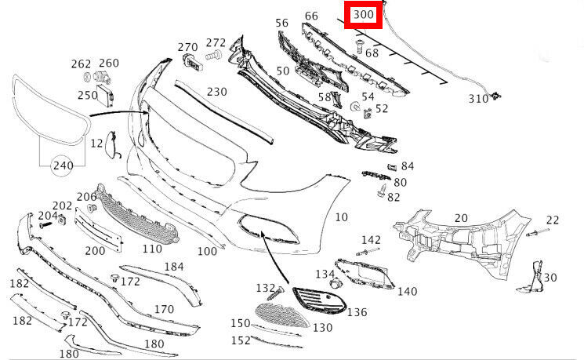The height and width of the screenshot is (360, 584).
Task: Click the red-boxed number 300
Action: tap(364, 15)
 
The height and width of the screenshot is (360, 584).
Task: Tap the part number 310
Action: tap(478, 99)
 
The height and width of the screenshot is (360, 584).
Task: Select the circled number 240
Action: tap(63, 165)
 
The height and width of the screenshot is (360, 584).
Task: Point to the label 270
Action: tap(187, 47)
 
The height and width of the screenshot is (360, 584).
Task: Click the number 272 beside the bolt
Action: tap(216, 42)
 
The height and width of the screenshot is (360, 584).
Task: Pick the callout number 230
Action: tap(217, 91)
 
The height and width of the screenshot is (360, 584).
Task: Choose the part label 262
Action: tap(82, 64)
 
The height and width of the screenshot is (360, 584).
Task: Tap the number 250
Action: tap(87, 95)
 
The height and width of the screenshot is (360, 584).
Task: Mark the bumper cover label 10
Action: tap(341, 216)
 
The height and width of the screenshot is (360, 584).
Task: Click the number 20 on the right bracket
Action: tap(460, 217)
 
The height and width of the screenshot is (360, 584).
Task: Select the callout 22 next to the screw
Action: tap(552, 220)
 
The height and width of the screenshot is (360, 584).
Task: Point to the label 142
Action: tap(371, 239)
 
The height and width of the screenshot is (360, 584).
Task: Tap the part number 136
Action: tap(357, 312)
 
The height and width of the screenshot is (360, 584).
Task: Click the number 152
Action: tap(240, 340)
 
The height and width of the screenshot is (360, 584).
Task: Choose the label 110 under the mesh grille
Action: tap(152, 249)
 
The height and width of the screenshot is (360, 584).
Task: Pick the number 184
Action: tap(173, 267)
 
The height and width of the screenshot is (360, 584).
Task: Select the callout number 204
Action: tap(48, 216)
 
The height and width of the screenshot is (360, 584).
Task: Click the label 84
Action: tap(407, 166)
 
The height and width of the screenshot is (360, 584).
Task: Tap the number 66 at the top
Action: tap(311, 16)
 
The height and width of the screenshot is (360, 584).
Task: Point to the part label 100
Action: tap(207, 251)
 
